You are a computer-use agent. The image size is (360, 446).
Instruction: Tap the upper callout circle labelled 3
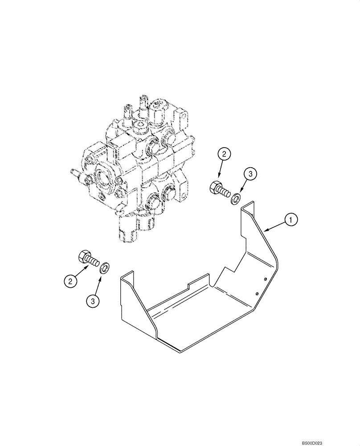[250, 174]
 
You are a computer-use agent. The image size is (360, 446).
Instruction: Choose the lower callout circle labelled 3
[93, 301]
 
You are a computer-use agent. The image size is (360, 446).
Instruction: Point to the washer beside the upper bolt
[235, 197]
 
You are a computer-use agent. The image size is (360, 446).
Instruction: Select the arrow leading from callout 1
[274, 225]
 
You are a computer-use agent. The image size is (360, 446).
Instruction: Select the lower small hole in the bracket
[258, 293]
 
